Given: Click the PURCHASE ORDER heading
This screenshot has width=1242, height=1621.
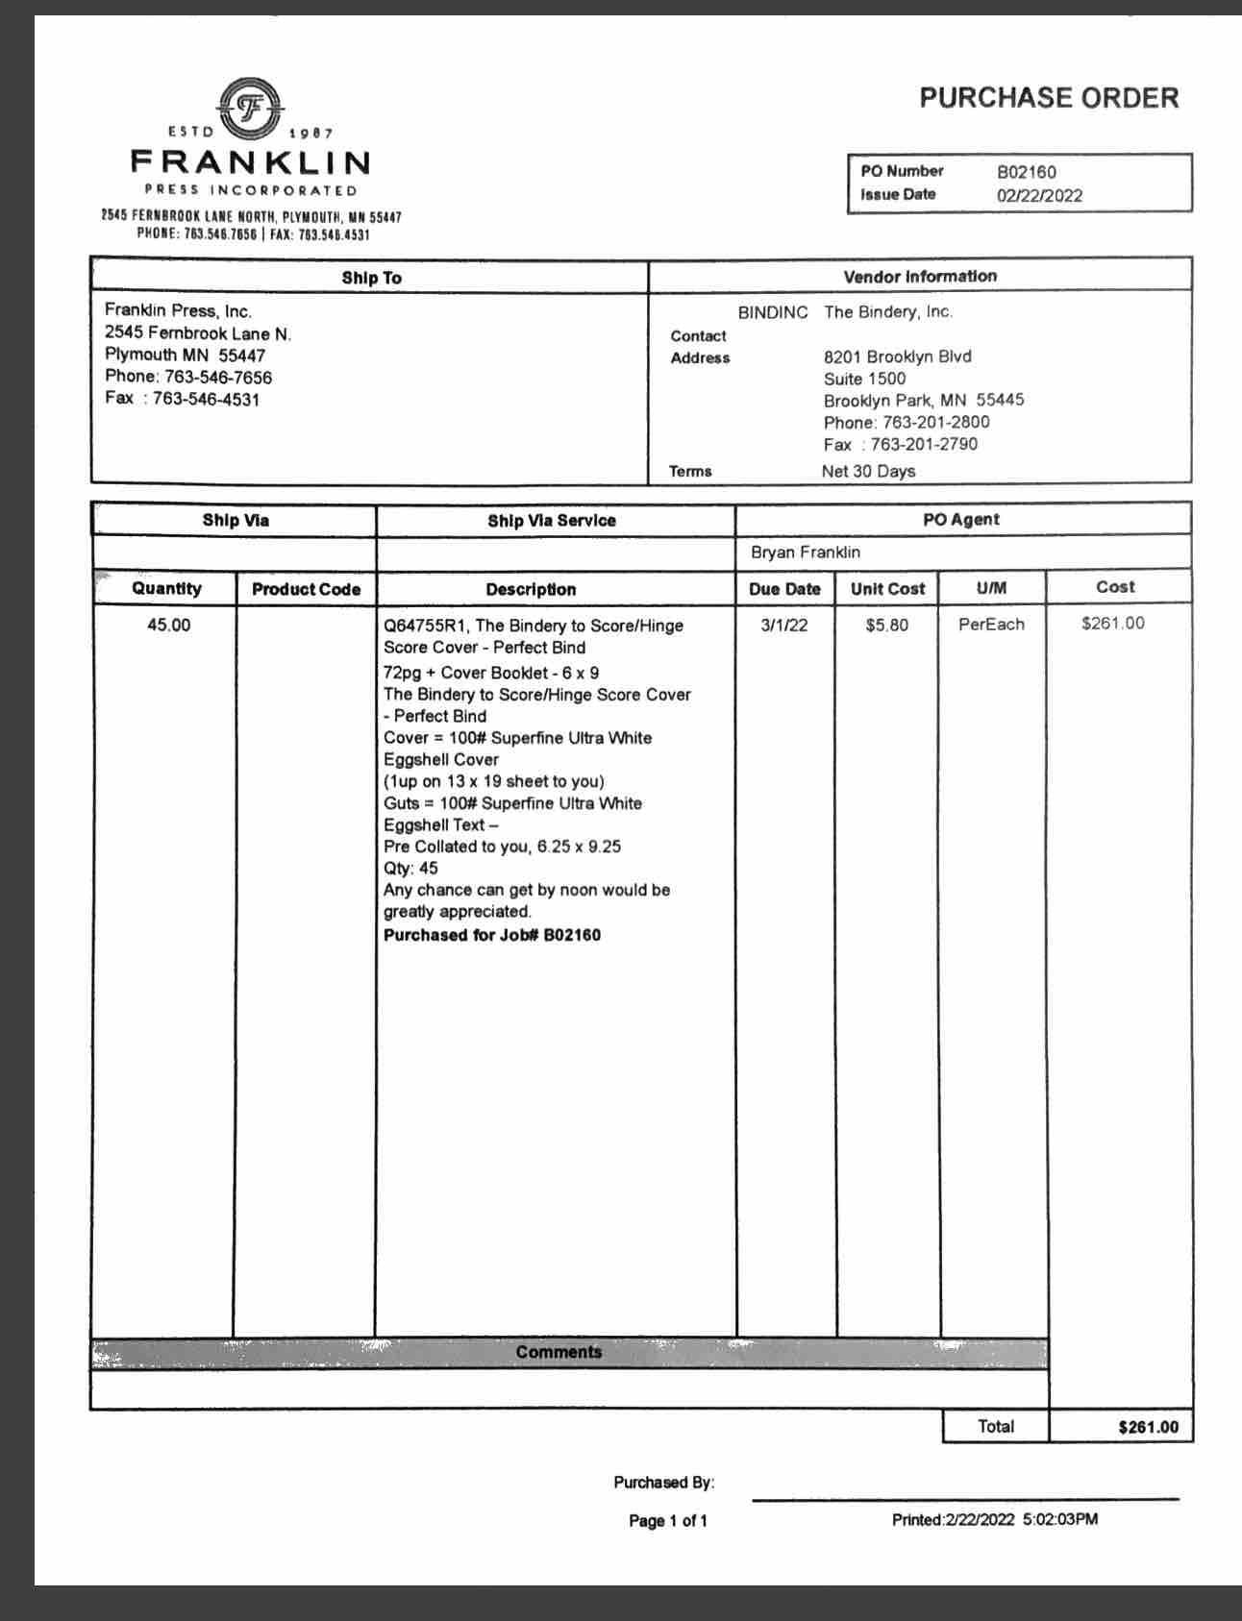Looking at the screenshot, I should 1049,98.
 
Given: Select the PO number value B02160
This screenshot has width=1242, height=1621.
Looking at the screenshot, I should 1026,173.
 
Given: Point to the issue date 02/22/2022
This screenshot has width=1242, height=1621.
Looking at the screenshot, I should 1039,196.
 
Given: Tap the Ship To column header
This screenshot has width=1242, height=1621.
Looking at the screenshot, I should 371,279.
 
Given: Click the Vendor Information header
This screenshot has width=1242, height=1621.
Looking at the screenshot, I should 920,277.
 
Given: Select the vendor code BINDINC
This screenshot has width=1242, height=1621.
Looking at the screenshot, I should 772,312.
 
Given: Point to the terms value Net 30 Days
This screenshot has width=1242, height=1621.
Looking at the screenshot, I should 868,471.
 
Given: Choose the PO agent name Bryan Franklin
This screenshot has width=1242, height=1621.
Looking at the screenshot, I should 806,553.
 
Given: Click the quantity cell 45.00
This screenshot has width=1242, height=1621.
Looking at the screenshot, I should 168,625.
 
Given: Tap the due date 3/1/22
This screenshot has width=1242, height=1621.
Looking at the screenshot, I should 784,625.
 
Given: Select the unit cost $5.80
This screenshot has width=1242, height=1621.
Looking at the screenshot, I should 886,626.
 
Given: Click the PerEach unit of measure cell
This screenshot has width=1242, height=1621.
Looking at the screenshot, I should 991,625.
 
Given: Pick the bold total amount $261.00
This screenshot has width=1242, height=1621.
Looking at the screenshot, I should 1148,1427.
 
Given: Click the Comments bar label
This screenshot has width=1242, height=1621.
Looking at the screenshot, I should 559,1352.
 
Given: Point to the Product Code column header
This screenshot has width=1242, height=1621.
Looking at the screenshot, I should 306,589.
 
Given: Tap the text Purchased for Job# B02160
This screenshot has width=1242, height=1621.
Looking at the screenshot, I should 492,935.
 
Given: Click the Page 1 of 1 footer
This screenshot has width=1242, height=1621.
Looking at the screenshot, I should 668,1520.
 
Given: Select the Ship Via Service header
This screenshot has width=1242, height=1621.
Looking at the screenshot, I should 552,521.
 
